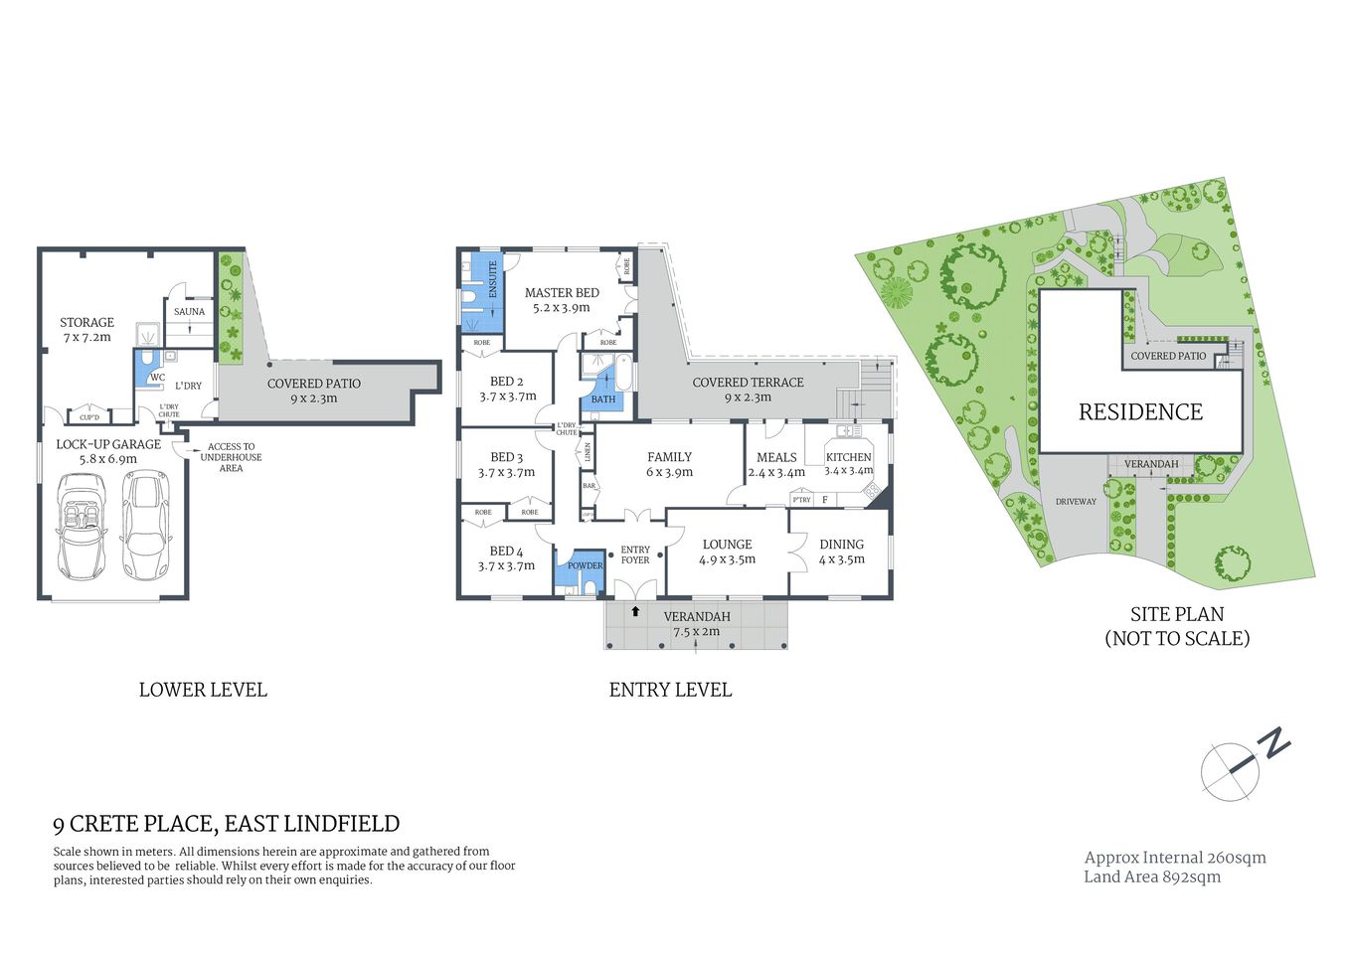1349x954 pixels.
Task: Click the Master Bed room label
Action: click(x=562, y=293)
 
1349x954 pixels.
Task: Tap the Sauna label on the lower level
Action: click(x=189, y=312)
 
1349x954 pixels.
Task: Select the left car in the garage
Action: click(x=81, y=526)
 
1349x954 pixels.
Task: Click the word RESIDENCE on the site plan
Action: click(x=1140, y=411)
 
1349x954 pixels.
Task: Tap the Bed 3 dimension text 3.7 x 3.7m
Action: click(x=506, y=473)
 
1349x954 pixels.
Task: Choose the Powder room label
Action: click(x=585, y=565)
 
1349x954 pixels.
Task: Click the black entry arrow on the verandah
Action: click(x=635, y=611)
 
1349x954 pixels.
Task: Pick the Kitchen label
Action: click(x=848, y=457)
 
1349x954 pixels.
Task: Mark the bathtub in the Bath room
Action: click(x=622, y=375)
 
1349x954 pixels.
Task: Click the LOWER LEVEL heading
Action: click(x=203, y=690)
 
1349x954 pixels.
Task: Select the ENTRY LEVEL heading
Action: click(x=670, y=690)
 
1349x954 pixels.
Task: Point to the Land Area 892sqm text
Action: click(x=1151, y=876)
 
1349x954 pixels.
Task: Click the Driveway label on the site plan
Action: click(x=1076, y=502)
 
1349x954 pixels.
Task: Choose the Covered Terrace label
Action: click(x=748, y=383)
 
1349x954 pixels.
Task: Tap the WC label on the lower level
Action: click(x=157, y=378)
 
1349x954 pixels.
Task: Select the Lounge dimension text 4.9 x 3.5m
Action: click(x=727, y=559)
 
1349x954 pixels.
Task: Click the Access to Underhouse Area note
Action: click(x=231, y=457)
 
